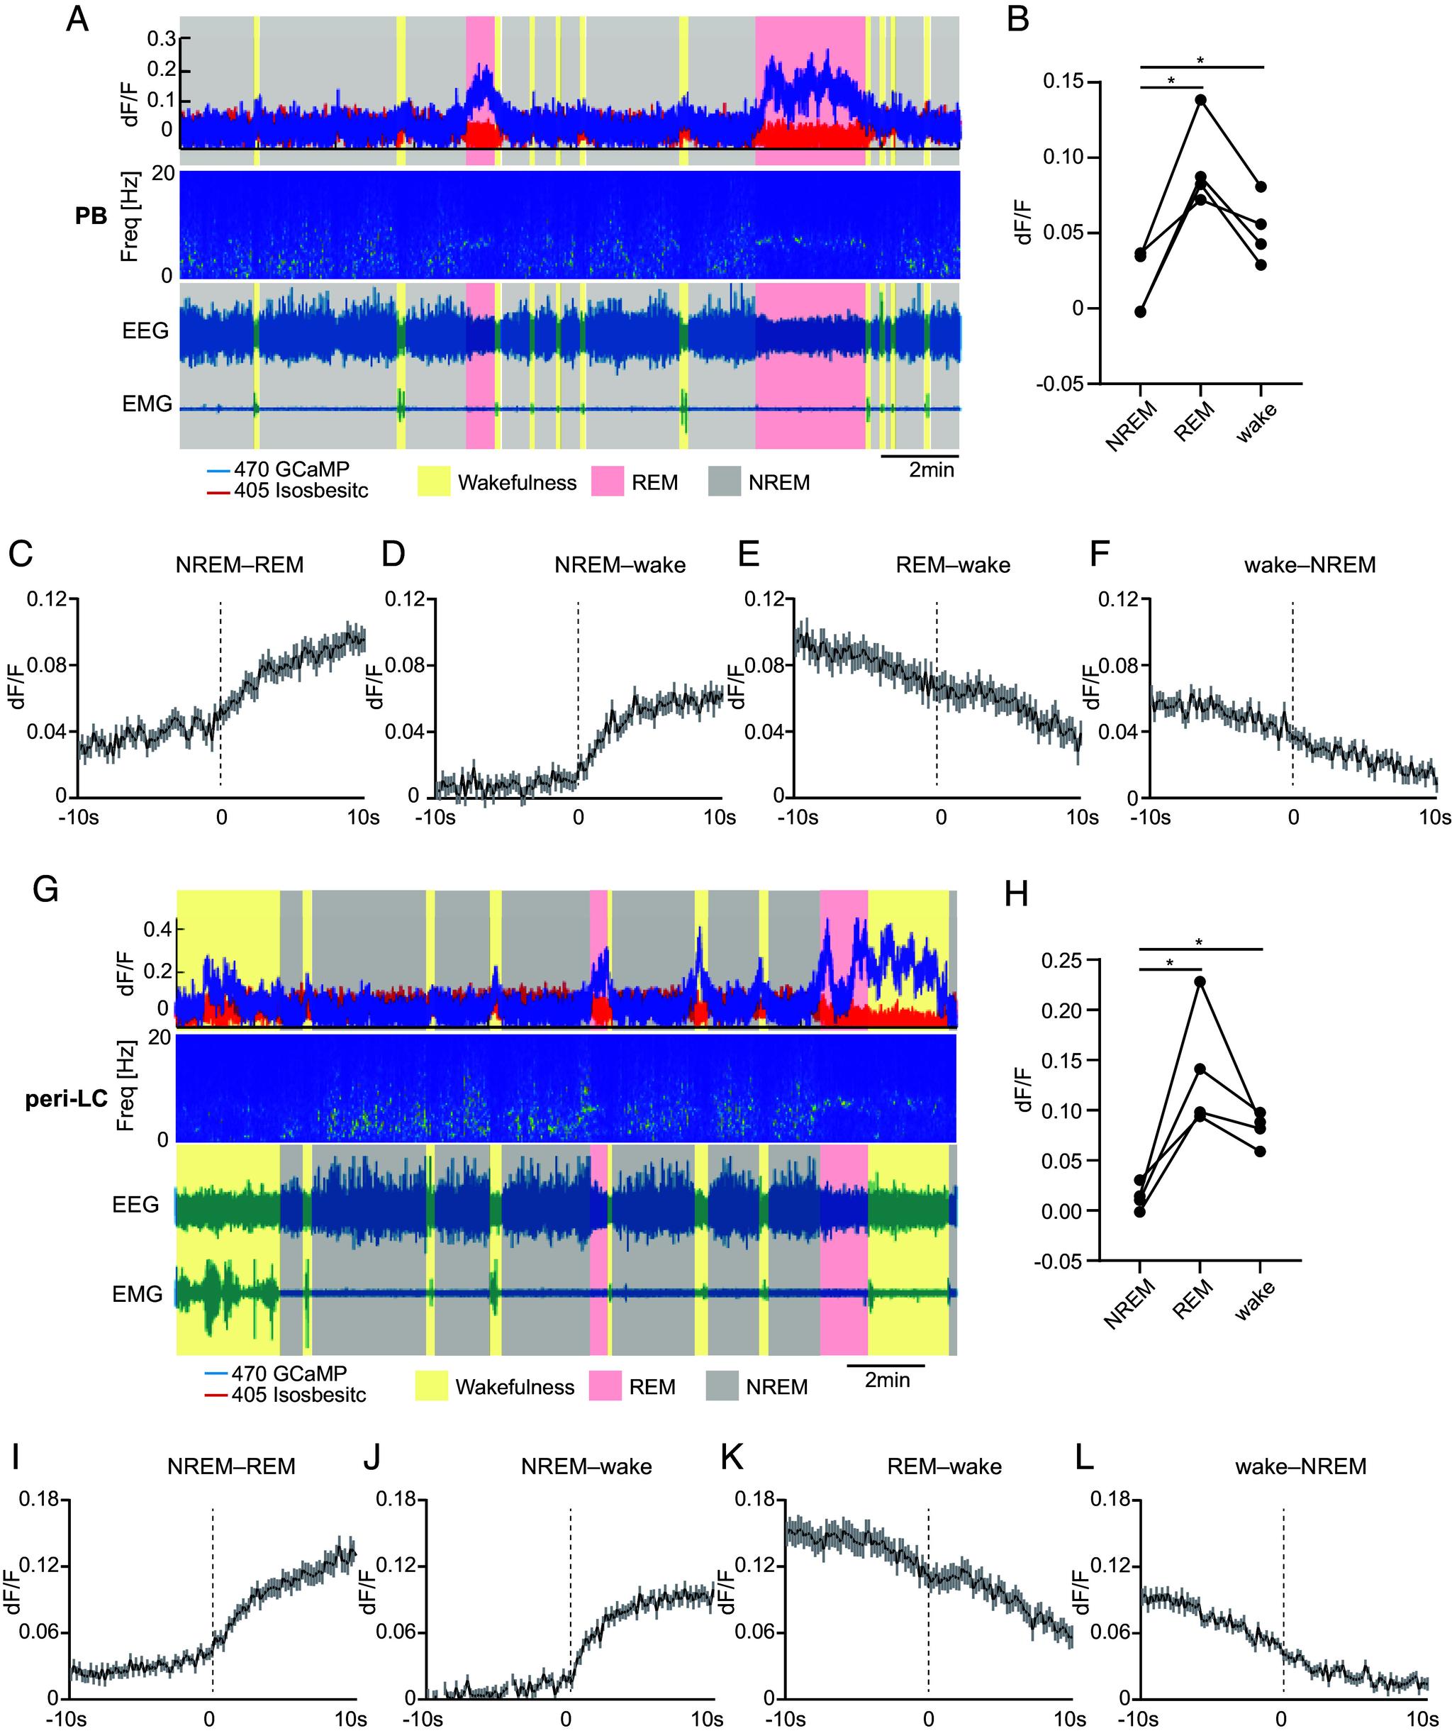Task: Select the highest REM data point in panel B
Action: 1200,100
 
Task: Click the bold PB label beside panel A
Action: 91,217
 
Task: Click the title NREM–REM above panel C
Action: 239,565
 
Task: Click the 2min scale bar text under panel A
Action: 931,470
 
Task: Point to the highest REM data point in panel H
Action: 1200,981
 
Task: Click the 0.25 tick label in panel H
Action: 1065,960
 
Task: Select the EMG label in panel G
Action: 137,1294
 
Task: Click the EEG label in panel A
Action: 145,331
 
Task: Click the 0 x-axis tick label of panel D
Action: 579,817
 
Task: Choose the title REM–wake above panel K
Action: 944,1466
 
